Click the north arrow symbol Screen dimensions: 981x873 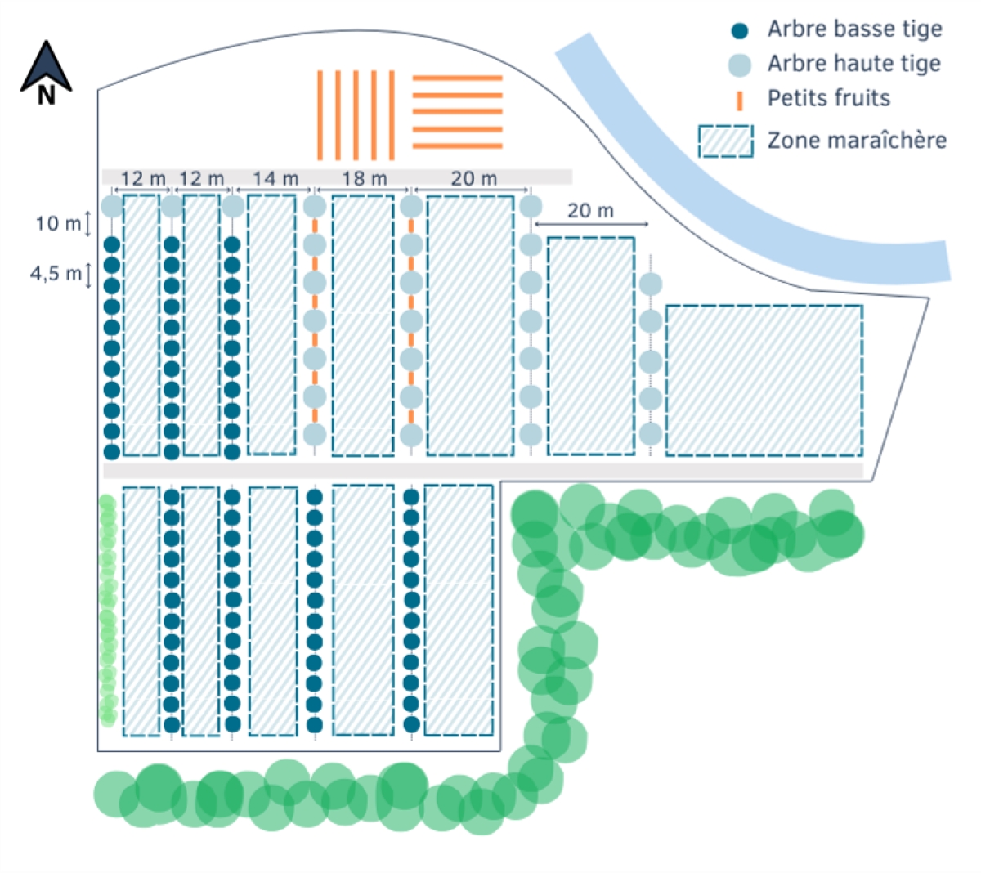pos(46,68)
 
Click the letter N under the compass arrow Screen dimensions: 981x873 pos(47,96)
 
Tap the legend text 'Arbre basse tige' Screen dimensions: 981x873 pos(854,29)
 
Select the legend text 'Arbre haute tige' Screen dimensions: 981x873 pos(854,64)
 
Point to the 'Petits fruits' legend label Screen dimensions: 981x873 pos(828,98)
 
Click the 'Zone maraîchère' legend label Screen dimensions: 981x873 pos(857,141)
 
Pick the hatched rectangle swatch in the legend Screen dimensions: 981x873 pos(725,141)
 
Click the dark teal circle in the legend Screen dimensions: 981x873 pos(739,30)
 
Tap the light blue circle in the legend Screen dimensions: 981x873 pos(739,65)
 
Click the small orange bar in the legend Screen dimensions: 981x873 pos(739,101)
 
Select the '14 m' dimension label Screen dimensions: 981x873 pos(275,179)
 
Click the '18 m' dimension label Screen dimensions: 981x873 pos(365,179)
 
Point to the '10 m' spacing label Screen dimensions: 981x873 pos(57,224)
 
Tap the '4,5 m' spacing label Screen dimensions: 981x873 pos(56,274)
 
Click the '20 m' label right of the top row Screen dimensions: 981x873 pos(590,211)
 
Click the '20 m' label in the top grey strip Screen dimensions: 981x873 pos(473,179)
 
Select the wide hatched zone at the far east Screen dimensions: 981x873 pos(764,381)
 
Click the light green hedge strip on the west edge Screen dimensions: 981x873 pos(107,610)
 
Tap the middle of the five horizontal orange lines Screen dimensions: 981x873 pos(457,111)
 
